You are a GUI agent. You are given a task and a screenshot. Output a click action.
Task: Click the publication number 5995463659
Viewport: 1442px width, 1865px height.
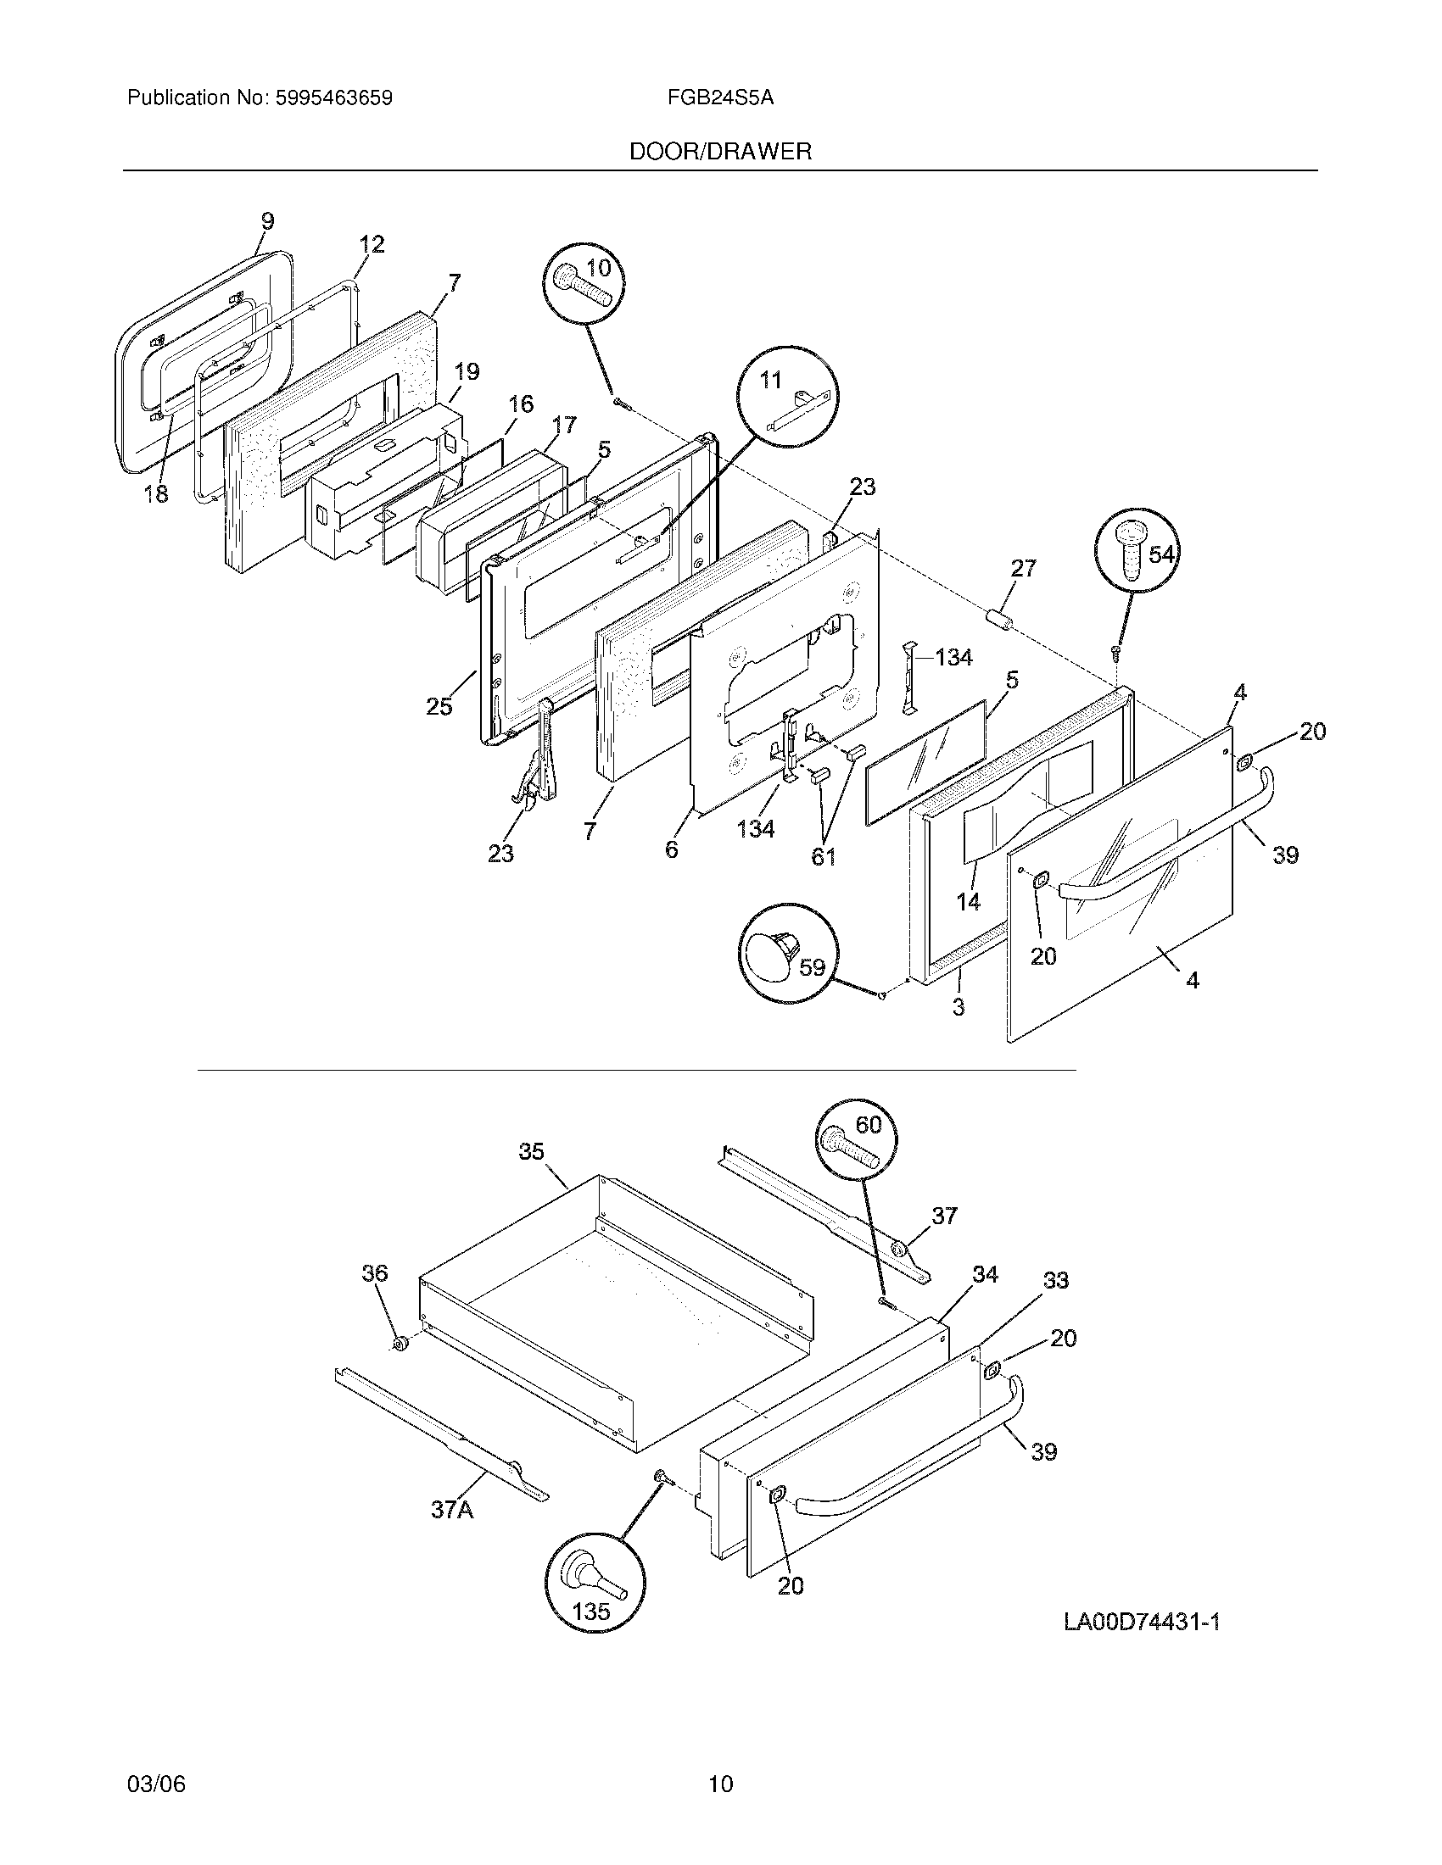pyautogui.click(x=333, y=98)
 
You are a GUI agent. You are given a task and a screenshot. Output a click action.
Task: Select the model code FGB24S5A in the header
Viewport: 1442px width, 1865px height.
pyautogui.click(x=720, y=98)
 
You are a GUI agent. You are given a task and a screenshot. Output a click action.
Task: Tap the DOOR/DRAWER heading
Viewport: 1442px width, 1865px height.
pyautogui.click(x=720, y=152)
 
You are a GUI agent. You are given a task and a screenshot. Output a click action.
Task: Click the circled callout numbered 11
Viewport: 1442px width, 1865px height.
pyautogui.click(x=787, y=397)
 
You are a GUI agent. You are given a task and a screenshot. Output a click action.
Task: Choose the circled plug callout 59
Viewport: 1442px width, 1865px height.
pyautogui.click(x=788, y=952)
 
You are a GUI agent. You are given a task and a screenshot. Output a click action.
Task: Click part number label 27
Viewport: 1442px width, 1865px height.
pyautogui.click(x=1023, y=568)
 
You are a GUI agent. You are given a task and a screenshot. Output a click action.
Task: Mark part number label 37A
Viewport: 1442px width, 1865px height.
pyautogui.click(x=452, y=1510)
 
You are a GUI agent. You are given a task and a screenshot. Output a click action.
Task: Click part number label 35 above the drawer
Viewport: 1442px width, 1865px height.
pyautogui.click(x=531, y=1151)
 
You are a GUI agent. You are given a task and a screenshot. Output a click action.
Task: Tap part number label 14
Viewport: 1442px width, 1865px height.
pyautogui.click(x=969, y=901)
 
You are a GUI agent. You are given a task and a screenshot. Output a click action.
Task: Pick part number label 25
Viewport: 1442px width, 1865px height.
pyautogui.click(x=439, y=706)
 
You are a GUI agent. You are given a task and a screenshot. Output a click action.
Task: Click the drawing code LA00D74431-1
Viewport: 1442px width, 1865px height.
pyautogui.click(x=1141, y=1622)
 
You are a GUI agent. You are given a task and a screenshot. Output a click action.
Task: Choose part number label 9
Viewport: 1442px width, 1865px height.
pyautogui.click(x=267, y=220)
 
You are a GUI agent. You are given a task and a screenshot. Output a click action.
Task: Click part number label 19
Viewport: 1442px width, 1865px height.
pyautogui.click(x=467, y=371)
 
